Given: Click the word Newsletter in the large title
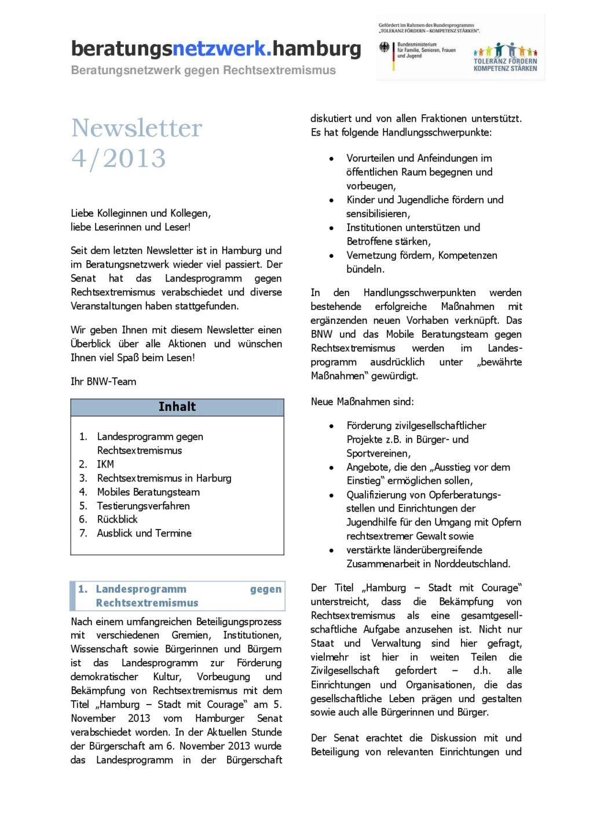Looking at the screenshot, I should [x=137, y=128].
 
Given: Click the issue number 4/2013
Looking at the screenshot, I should [x=119, y=158].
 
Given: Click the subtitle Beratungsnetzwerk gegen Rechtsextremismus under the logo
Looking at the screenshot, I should [x=203, y=70].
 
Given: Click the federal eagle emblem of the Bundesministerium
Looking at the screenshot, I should [x=385, y=48].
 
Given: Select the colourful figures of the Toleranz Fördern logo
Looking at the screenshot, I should [x=505, y=50].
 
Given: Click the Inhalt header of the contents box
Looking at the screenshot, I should [x=177, y=407].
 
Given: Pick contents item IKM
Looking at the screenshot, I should [x=105, y=464].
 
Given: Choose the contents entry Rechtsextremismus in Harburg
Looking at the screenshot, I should [x=164, y=478].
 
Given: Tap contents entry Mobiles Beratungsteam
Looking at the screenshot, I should [x=148, y=492].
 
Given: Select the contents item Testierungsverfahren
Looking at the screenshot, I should [x=143, y=506].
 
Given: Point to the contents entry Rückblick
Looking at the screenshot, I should [x=117, y=520].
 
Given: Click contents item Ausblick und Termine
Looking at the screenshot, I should [x=144, y=533].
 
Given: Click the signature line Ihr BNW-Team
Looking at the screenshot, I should [x=103, y=381].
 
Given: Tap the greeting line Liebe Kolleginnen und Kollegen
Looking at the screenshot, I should [x=141, y=213].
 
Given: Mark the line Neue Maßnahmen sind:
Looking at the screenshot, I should [x=362, y=402].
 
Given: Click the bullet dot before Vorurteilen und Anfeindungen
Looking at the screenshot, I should [x=331, y=159].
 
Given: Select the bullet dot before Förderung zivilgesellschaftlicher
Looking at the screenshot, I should [x=331, y=426].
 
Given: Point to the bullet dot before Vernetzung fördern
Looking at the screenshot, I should [x=331, y=256].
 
